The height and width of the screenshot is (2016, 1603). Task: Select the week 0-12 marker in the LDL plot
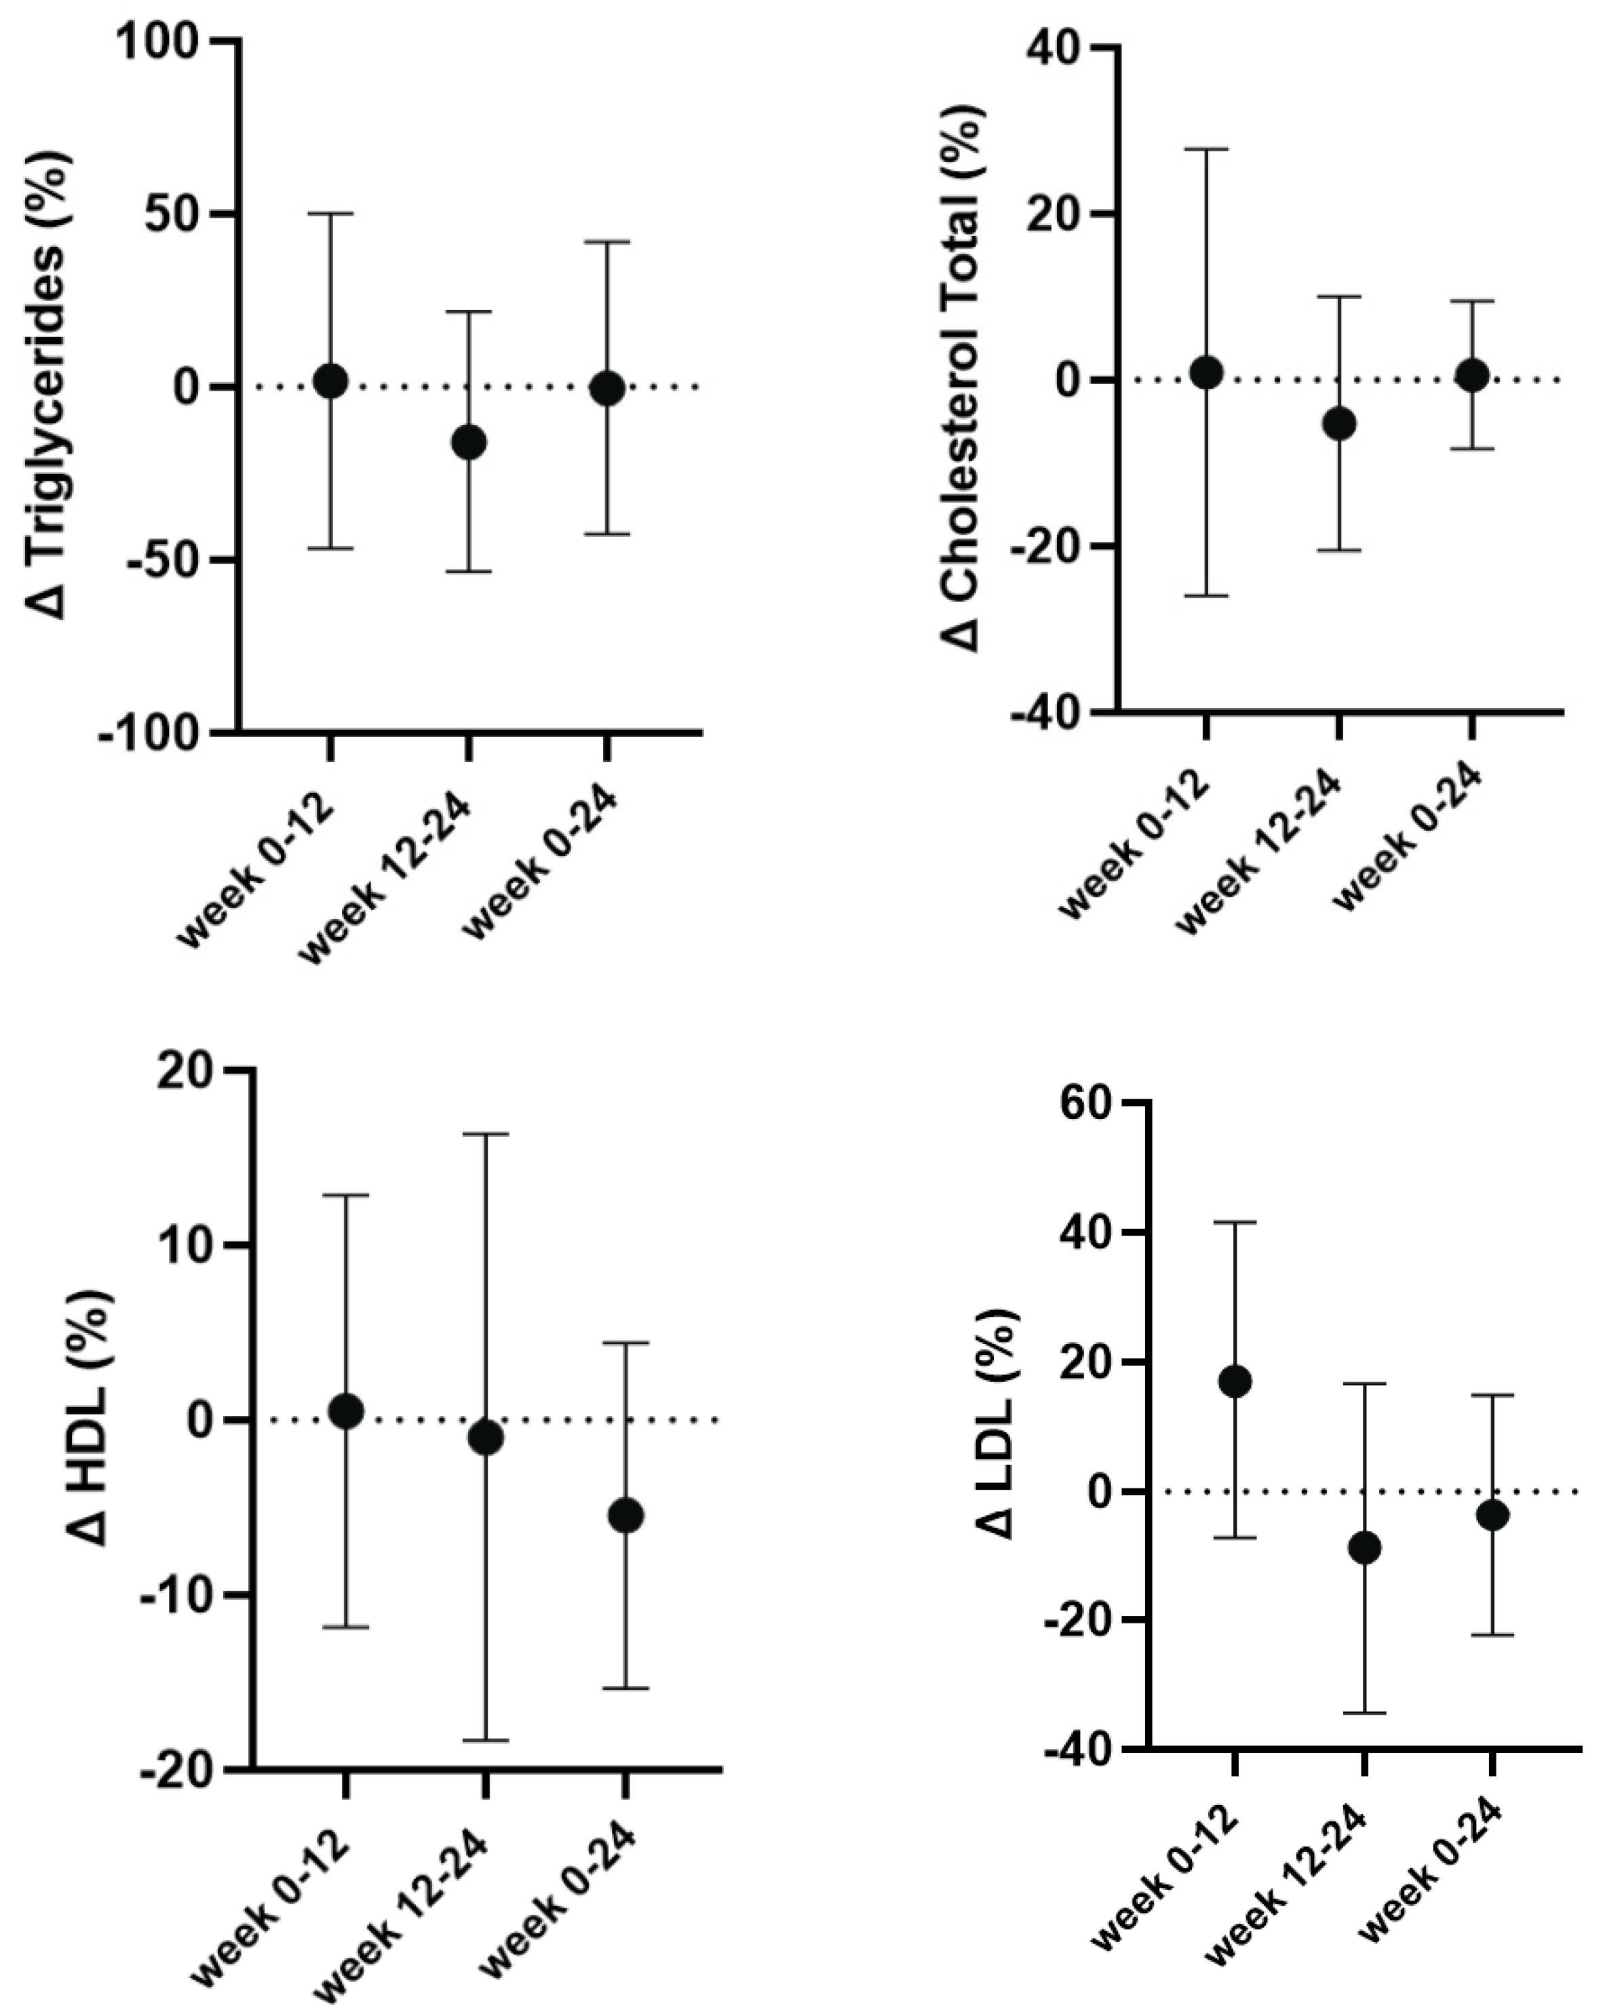point(1235,1381)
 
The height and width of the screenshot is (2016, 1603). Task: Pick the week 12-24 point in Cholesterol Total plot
point(1339,424)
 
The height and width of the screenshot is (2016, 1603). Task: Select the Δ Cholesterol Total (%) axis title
point(959,378)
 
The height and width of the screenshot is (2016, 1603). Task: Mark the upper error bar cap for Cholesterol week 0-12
point(1206,149)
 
